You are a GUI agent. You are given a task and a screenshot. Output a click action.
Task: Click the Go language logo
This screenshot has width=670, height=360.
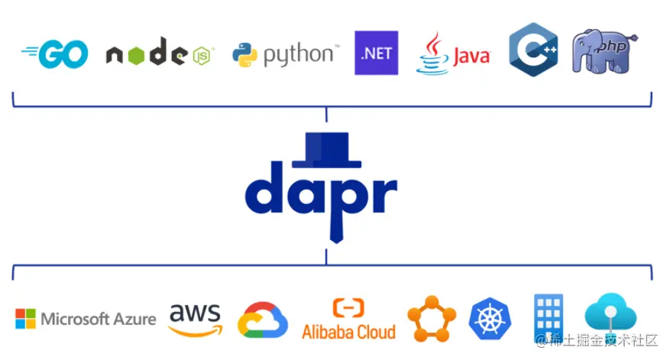[55, 54]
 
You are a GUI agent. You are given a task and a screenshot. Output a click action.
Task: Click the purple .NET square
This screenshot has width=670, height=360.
[377, 54]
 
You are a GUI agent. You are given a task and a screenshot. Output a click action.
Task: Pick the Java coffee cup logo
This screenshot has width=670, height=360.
[452, 54]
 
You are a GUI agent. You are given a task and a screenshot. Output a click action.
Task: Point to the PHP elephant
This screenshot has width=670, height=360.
[604, 52]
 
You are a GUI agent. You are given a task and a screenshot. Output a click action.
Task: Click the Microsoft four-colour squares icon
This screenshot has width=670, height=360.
[25, 319]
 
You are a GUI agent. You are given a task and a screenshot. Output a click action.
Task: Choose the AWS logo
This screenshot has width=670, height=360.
[195, 319]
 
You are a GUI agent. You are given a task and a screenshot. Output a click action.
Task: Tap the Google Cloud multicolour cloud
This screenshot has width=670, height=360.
[262, 319]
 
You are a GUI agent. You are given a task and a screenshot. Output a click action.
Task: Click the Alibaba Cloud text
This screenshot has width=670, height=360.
[348, 332]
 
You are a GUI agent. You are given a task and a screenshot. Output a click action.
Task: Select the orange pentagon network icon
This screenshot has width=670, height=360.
[432, 318]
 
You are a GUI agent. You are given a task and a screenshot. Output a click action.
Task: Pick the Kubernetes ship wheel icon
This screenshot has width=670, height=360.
[489, 319]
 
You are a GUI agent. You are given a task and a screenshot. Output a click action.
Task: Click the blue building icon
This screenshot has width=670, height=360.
[549, 315]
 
